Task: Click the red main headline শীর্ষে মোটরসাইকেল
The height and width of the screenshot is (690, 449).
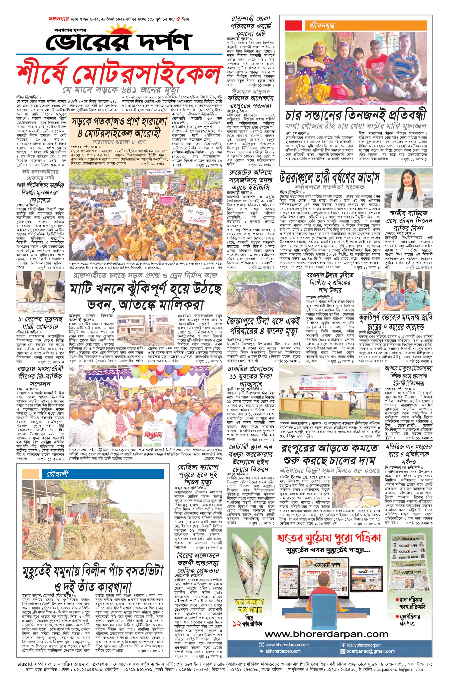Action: [x=118, y=74]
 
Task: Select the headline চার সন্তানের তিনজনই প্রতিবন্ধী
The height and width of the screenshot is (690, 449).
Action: [x=356, y=115]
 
